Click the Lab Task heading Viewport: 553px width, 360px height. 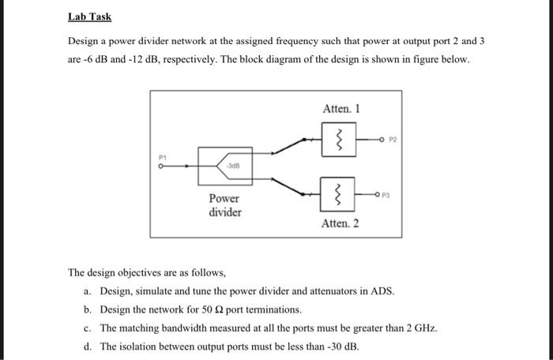(89, 16)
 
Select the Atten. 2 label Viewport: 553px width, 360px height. (340, 223)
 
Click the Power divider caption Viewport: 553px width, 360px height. (225, 206)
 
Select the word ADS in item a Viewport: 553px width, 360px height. (382, 291)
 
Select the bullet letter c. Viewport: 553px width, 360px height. (86, 328)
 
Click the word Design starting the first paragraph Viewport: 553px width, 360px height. (85, 40)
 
